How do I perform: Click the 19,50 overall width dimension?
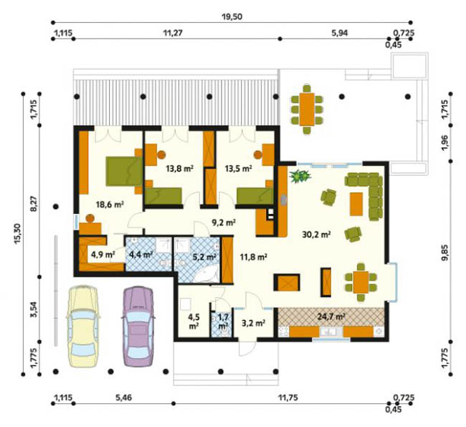(232, 17)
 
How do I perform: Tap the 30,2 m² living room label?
(316, 235)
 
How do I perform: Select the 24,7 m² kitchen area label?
(331, 316)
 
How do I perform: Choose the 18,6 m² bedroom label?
(110, 204)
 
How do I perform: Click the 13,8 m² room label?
(180, 169)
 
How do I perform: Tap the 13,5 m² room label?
(238, 169)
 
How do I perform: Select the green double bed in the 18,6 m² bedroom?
(124, 171)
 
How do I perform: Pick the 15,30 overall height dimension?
(17, 234)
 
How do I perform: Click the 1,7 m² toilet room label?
(223, 321)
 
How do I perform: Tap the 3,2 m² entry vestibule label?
(253, 323)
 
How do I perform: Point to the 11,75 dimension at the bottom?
(287, 398)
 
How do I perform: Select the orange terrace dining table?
(307, 109)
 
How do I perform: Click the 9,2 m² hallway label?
(224, 222)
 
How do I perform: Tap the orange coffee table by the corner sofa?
(356, 204)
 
